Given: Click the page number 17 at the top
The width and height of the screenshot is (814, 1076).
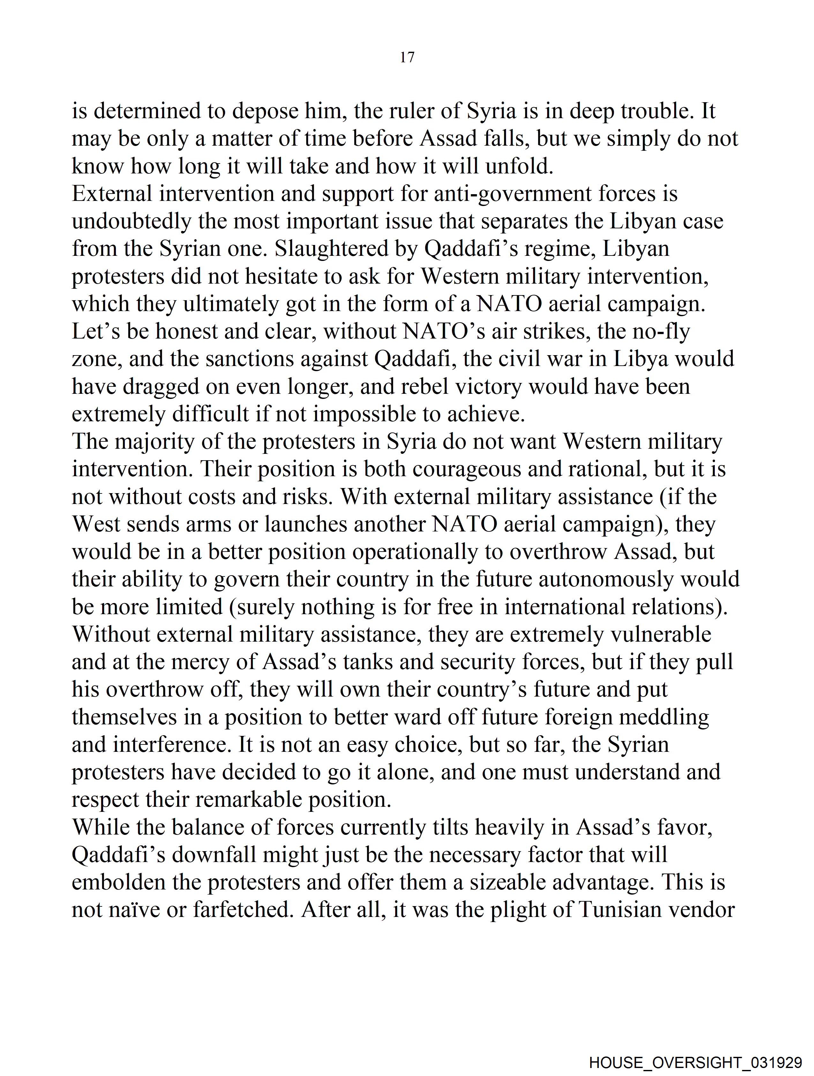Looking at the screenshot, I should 407,57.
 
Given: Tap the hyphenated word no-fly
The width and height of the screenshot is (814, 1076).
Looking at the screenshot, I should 661,332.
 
